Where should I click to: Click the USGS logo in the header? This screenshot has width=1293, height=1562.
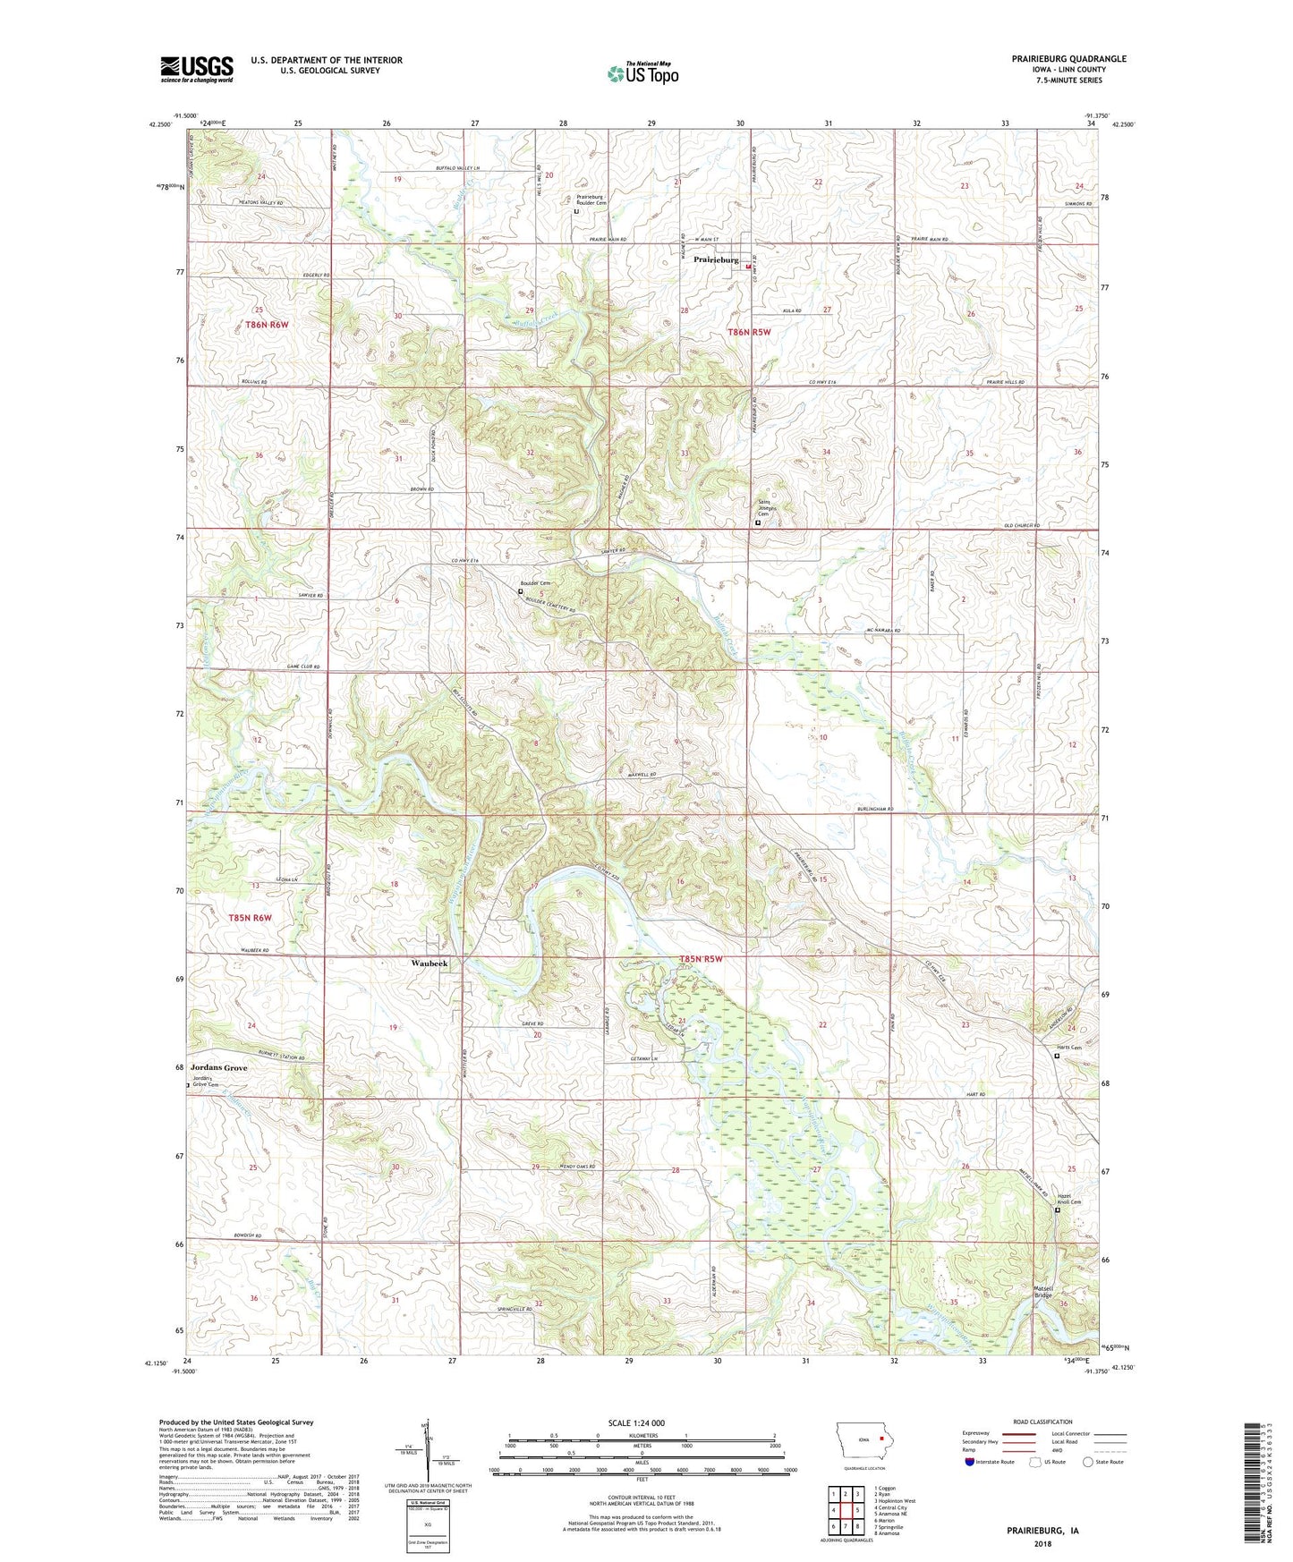(196, 69)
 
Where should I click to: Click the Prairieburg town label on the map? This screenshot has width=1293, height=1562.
(716, 260)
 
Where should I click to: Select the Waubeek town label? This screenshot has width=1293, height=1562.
(429, 964)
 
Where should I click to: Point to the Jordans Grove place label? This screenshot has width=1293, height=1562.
(218, 1068)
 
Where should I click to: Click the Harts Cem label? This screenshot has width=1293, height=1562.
(1069, 1048)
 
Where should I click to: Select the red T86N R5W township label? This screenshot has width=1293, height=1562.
(748, 332)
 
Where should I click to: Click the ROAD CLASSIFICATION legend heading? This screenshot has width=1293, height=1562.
(1042, 1422)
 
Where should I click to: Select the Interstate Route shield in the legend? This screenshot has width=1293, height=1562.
(971, 1462)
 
